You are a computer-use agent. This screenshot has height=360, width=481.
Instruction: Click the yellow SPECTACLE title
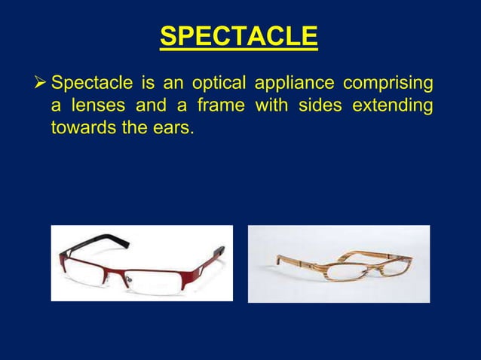point(240,36)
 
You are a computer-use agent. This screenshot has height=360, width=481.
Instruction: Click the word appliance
point(296,81)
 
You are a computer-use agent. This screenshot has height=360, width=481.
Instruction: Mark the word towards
point(80,128)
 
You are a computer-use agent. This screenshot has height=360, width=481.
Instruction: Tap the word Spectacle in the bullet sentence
point(90,81)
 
